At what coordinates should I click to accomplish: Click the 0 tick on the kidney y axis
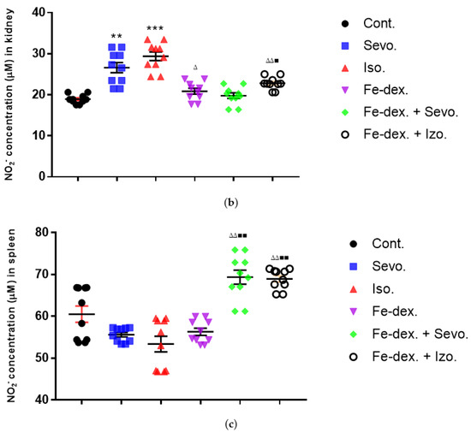42,176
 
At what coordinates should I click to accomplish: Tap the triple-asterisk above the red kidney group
155,29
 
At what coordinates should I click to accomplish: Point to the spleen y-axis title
15,315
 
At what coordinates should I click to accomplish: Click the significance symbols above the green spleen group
238,236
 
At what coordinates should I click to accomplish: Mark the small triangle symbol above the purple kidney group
196,68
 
